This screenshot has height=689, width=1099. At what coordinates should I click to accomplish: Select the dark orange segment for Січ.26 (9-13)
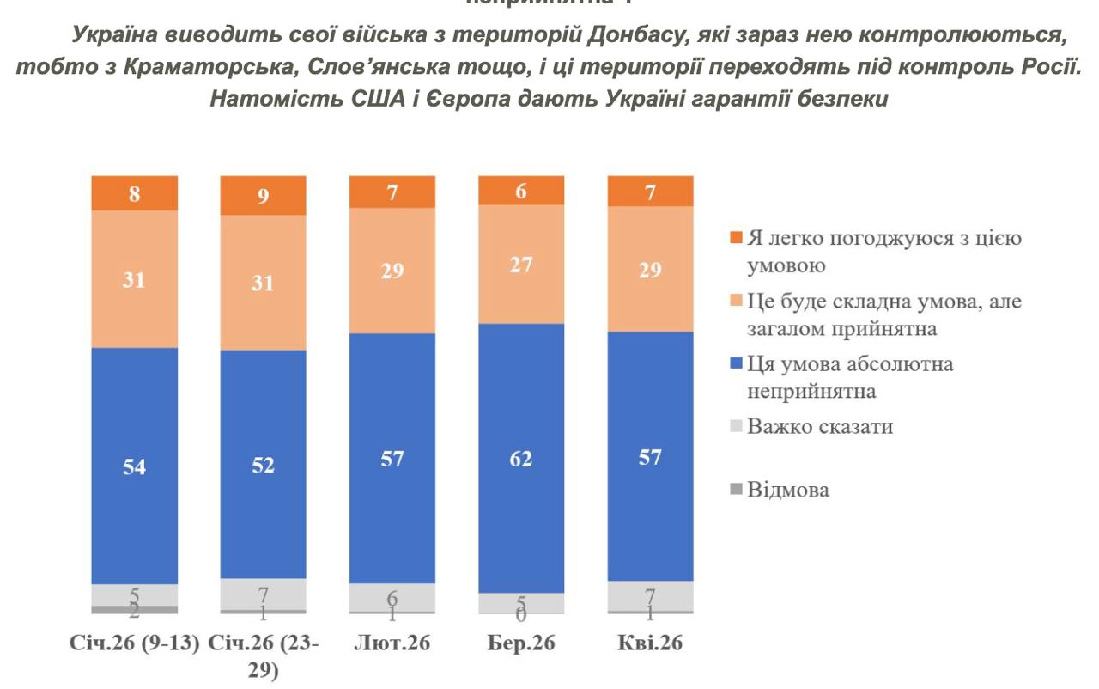tap(135, 193)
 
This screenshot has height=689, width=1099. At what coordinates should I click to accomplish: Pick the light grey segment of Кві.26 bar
tap(650, 595)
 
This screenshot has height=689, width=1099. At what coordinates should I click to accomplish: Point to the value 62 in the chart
tap(521, 460)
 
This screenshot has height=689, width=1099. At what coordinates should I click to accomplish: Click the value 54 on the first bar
tap(135, 468)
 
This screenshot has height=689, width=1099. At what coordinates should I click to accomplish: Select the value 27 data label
tap(521, 265)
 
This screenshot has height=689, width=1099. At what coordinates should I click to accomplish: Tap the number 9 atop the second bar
tap(264, 196)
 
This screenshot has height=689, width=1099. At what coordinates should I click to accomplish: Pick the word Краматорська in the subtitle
tap(150, 69)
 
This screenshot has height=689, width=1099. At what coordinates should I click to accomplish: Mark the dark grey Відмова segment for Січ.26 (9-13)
tap(135, 609)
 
